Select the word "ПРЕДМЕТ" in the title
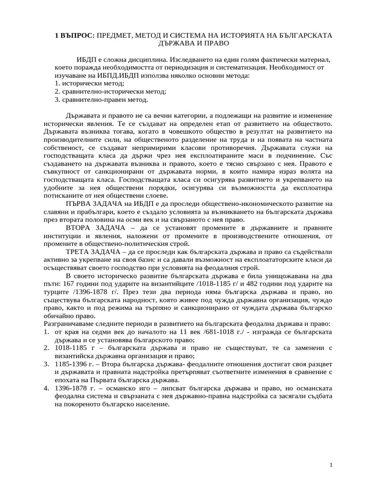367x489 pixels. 118,35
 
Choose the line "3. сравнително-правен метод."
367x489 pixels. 101,100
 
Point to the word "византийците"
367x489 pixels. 159,284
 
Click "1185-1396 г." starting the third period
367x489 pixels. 74,364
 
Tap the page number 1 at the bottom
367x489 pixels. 331,465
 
